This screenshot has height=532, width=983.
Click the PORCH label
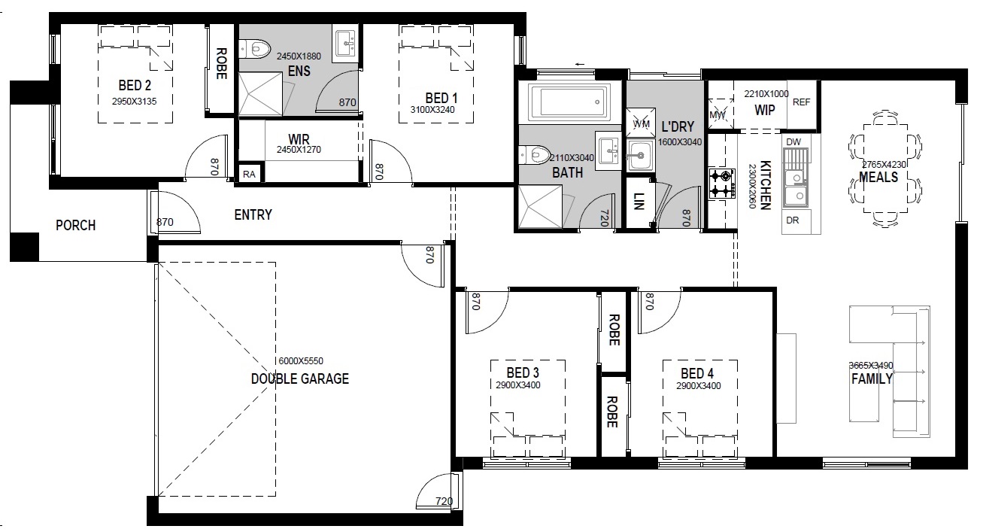tap(75, 225)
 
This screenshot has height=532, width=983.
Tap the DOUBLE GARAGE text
tap(300, 378)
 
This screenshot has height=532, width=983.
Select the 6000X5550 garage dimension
tap(301, 361)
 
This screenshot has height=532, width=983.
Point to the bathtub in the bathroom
tap(569, 102)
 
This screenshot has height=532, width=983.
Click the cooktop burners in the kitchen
tap(722, 184)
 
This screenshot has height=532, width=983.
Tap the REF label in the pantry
tap(801, 102)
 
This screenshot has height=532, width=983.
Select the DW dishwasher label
tap(793, 141)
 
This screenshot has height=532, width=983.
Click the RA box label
tap(249, 175)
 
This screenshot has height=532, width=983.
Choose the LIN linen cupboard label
tap(639, 202)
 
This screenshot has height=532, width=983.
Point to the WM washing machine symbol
tap(641, 123)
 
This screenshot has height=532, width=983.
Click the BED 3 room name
tap(523, 372)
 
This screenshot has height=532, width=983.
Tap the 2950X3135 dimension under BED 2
tap(135, 102)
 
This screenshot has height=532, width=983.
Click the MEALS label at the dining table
tap(878, 178)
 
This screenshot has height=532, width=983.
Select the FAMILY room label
tap(872, 378)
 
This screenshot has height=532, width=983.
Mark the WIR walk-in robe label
tap(299, 139)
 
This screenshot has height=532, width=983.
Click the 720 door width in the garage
tap(444, 501)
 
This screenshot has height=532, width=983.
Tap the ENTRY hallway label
tap(253, 214)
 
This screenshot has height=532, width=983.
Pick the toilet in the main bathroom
tap(535, 154)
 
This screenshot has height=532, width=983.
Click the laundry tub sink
tap(639, 155)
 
